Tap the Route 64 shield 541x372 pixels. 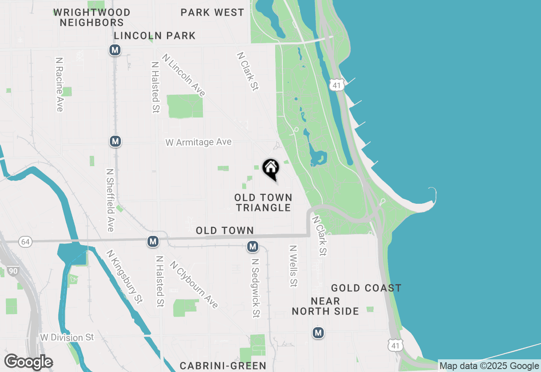tap(25, 242)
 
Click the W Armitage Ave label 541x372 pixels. tap(198, 142)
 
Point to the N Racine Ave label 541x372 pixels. tap(59, 85)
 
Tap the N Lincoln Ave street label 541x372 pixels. tap(184, 75)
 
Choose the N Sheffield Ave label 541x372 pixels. tap(110, 200)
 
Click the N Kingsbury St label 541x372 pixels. tap(125, 276)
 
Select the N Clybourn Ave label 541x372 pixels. tap(194, 284)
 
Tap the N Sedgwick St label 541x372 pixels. tap(255, 288)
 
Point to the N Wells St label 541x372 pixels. tap(293, 266)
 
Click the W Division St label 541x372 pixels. tap(67, 337)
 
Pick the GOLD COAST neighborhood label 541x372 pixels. tap(366, 288)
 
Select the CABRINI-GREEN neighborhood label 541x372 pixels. tap(223, 366)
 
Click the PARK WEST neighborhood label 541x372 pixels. tap(212, 13)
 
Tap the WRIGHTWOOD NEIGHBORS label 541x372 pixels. tap(92, 17)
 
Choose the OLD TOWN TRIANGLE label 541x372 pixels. tap(263, 202)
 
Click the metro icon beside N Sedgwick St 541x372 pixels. tap(253, 246)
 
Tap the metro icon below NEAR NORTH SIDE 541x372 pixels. tap(318, 333)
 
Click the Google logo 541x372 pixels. tap(28, 362)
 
